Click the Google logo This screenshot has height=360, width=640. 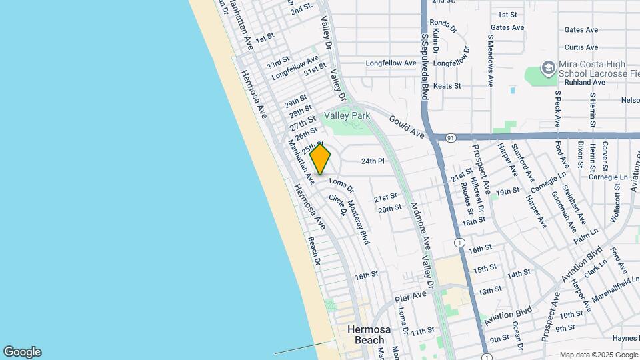point(22,352)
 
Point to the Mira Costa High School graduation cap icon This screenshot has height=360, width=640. point(547,68)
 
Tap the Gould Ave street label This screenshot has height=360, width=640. point(407,125)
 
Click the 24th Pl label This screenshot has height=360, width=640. point(373,161)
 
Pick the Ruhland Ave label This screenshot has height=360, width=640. point(585,83)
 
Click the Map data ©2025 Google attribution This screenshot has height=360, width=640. point(598,355)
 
